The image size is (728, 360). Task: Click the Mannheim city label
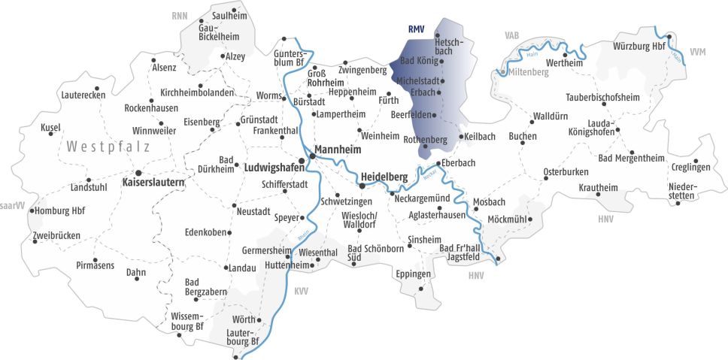[338, 150]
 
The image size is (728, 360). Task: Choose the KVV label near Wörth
[301, 290]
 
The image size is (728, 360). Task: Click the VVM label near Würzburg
[697, 52]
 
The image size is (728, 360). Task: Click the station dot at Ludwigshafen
[302, 160]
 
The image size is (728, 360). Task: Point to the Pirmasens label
[96, 265]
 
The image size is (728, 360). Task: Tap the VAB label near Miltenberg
[512, 35]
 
